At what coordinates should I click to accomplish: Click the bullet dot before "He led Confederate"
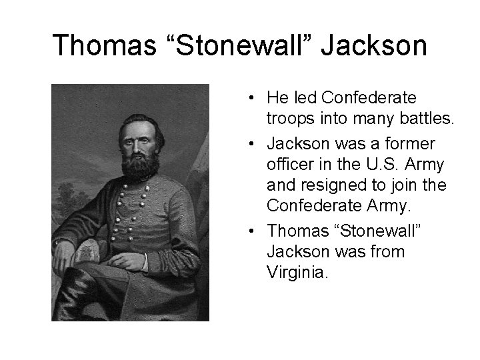pos(247,99)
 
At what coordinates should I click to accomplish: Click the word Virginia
pos(296,272)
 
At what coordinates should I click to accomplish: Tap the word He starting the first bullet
pos(276,99)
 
